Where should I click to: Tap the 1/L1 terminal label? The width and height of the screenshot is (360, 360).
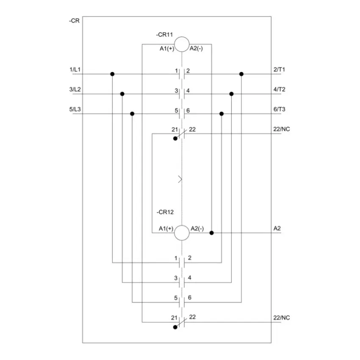pos(75,69)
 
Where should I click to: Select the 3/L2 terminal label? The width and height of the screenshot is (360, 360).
pos(75,89)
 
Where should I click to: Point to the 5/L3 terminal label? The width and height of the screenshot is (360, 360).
pos(75,109)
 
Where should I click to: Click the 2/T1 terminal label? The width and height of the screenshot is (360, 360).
pos(279,69)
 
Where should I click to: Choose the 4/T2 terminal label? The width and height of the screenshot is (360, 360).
pos(279,89)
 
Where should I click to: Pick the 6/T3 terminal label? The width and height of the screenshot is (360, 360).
pos(279,109)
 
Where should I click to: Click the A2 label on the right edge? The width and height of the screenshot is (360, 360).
pos(277,228)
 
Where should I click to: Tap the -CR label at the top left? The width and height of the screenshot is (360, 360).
pos(74,21)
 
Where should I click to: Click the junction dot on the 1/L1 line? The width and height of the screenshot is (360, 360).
pos(112,74)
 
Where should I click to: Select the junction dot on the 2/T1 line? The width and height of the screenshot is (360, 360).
pos(241,74)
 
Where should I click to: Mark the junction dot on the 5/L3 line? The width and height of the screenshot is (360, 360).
pos(132,114)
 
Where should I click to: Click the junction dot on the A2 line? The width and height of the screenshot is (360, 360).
pos(212,233)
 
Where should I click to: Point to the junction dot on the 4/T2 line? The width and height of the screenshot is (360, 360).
pos(231,94)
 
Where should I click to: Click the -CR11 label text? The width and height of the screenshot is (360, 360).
pos(164,35)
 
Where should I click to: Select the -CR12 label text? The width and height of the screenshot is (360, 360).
pos(165,212)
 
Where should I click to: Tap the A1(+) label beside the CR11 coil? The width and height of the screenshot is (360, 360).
pos(167,49)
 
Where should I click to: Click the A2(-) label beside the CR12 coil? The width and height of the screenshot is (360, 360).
pos(197,229)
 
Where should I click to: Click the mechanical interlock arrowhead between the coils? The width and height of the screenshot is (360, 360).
pos(180,179)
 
